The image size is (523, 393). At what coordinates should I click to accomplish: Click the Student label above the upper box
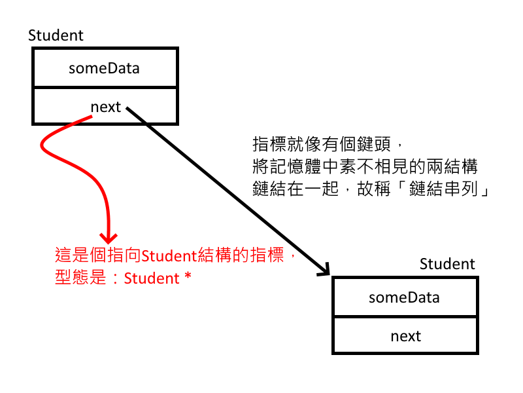56,35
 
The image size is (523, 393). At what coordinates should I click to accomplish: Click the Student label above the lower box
447,264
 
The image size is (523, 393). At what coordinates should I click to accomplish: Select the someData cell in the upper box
105,67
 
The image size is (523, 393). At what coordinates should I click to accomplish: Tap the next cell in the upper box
105,106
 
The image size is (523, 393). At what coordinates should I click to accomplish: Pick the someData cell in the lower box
405,297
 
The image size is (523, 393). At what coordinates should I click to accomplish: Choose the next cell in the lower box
405,336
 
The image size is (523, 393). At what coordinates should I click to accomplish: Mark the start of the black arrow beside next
127,108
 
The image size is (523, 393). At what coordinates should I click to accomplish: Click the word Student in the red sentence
163,257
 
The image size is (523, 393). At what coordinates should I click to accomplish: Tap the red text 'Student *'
158,278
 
